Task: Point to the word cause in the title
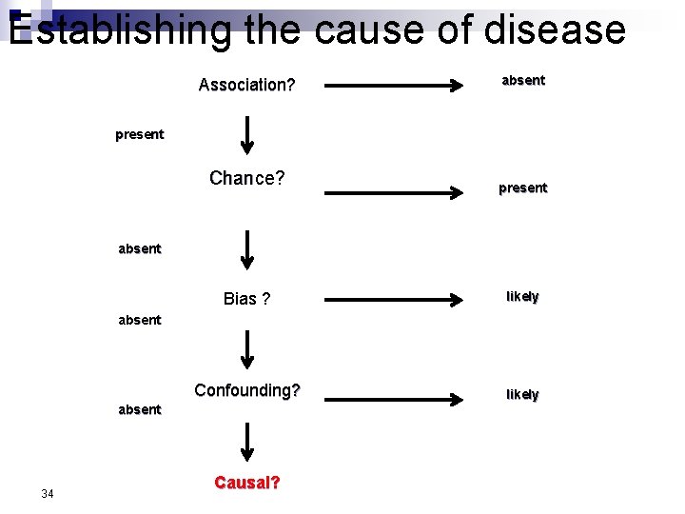pos(370,30)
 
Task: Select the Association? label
pos(246,86)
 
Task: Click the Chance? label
pos(247,178)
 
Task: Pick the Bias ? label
pos(246,299)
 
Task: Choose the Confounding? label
pos(247,390)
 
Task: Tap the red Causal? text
pos(247,483)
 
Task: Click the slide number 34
pos(48,493)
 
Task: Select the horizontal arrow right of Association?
pos(394,86)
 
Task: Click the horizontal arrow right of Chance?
pos(394,193)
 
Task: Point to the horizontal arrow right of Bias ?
pos(394,300)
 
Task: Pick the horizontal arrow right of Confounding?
pos(394,392)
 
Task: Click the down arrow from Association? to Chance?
pos(246,134)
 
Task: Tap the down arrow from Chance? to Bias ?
pos(246,249)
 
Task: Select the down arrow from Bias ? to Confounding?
pos(246,349)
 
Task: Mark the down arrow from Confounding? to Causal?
pos(246,443)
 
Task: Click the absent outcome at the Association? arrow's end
pos(523,81)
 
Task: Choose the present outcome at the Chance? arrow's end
pos(523,188)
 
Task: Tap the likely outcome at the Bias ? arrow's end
pos(522,297)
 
